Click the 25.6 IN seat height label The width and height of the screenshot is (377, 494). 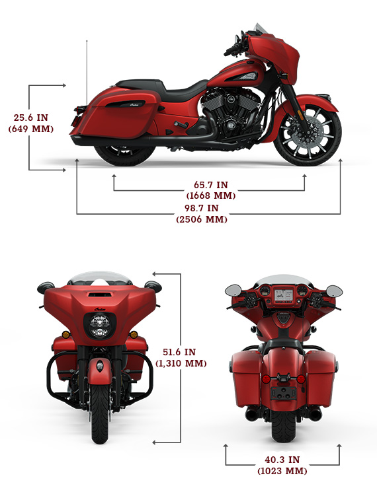click(x=31, y=118)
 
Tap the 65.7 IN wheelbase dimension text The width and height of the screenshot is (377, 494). click(x=211, y=185)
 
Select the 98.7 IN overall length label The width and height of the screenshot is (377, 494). click(x=202, y=208)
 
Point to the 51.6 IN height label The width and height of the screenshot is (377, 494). click(x=179, y=352)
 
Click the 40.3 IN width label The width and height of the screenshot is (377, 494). click(x=282, y=460)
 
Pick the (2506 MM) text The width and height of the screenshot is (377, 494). click(x=202, y=219)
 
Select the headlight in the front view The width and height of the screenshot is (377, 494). click(x=100, y=326)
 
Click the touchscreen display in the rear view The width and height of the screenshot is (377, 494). click(x=284, y=295)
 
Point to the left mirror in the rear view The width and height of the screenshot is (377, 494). click(x=233, y=290)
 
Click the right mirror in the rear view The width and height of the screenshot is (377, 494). click(x=334, y=291)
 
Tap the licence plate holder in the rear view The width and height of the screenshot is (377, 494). click(x=283, y=393)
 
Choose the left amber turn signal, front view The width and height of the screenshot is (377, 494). click(x=65, y=335)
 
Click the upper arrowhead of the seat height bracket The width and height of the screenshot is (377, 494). click(x=64, y=85)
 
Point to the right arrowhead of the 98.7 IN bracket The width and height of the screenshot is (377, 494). click(x=341, y=161)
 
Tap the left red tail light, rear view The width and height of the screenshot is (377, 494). click(x=265, y=378)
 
